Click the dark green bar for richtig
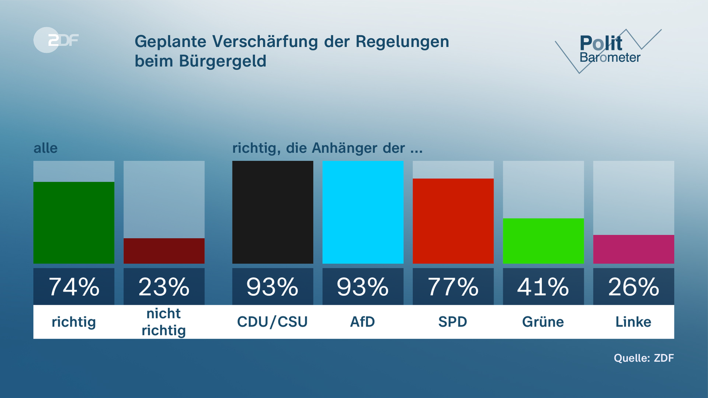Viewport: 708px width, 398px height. coord(74,223)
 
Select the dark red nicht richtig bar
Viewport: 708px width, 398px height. coord(164,251)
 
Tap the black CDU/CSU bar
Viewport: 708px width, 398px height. coord(273,212)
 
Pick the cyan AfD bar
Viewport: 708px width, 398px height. coord(363,212)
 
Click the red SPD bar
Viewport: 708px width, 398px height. coord(453,221)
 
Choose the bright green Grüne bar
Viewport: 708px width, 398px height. coord(543,241)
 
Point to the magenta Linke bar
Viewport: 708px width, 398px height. coord(634,249)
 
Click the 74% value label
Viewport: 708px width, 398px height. coord(74,287)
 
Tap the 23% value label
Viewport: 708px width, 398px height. coord(164,287)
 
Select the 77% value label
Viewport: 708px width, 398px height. coord(453,287)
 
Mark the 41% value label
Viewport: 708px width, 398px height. coord(543,287)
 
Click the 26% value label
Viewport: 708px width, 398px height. coord(634,287)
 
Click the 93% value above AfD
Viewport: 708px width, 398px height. coord(363,287)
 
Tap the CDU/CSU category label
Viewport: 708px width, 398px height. coord(273,322)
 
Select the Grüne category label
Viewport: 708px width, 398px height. coord(543,322)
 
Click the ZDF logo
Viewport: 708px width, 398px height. coord(56,40)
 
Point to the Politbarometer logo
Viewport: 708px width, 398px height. coord(608,50)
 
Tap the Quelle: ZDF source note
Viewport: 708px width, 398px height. coord(643,358)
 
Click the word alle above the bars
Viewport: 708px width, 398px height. coord(45,148)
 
